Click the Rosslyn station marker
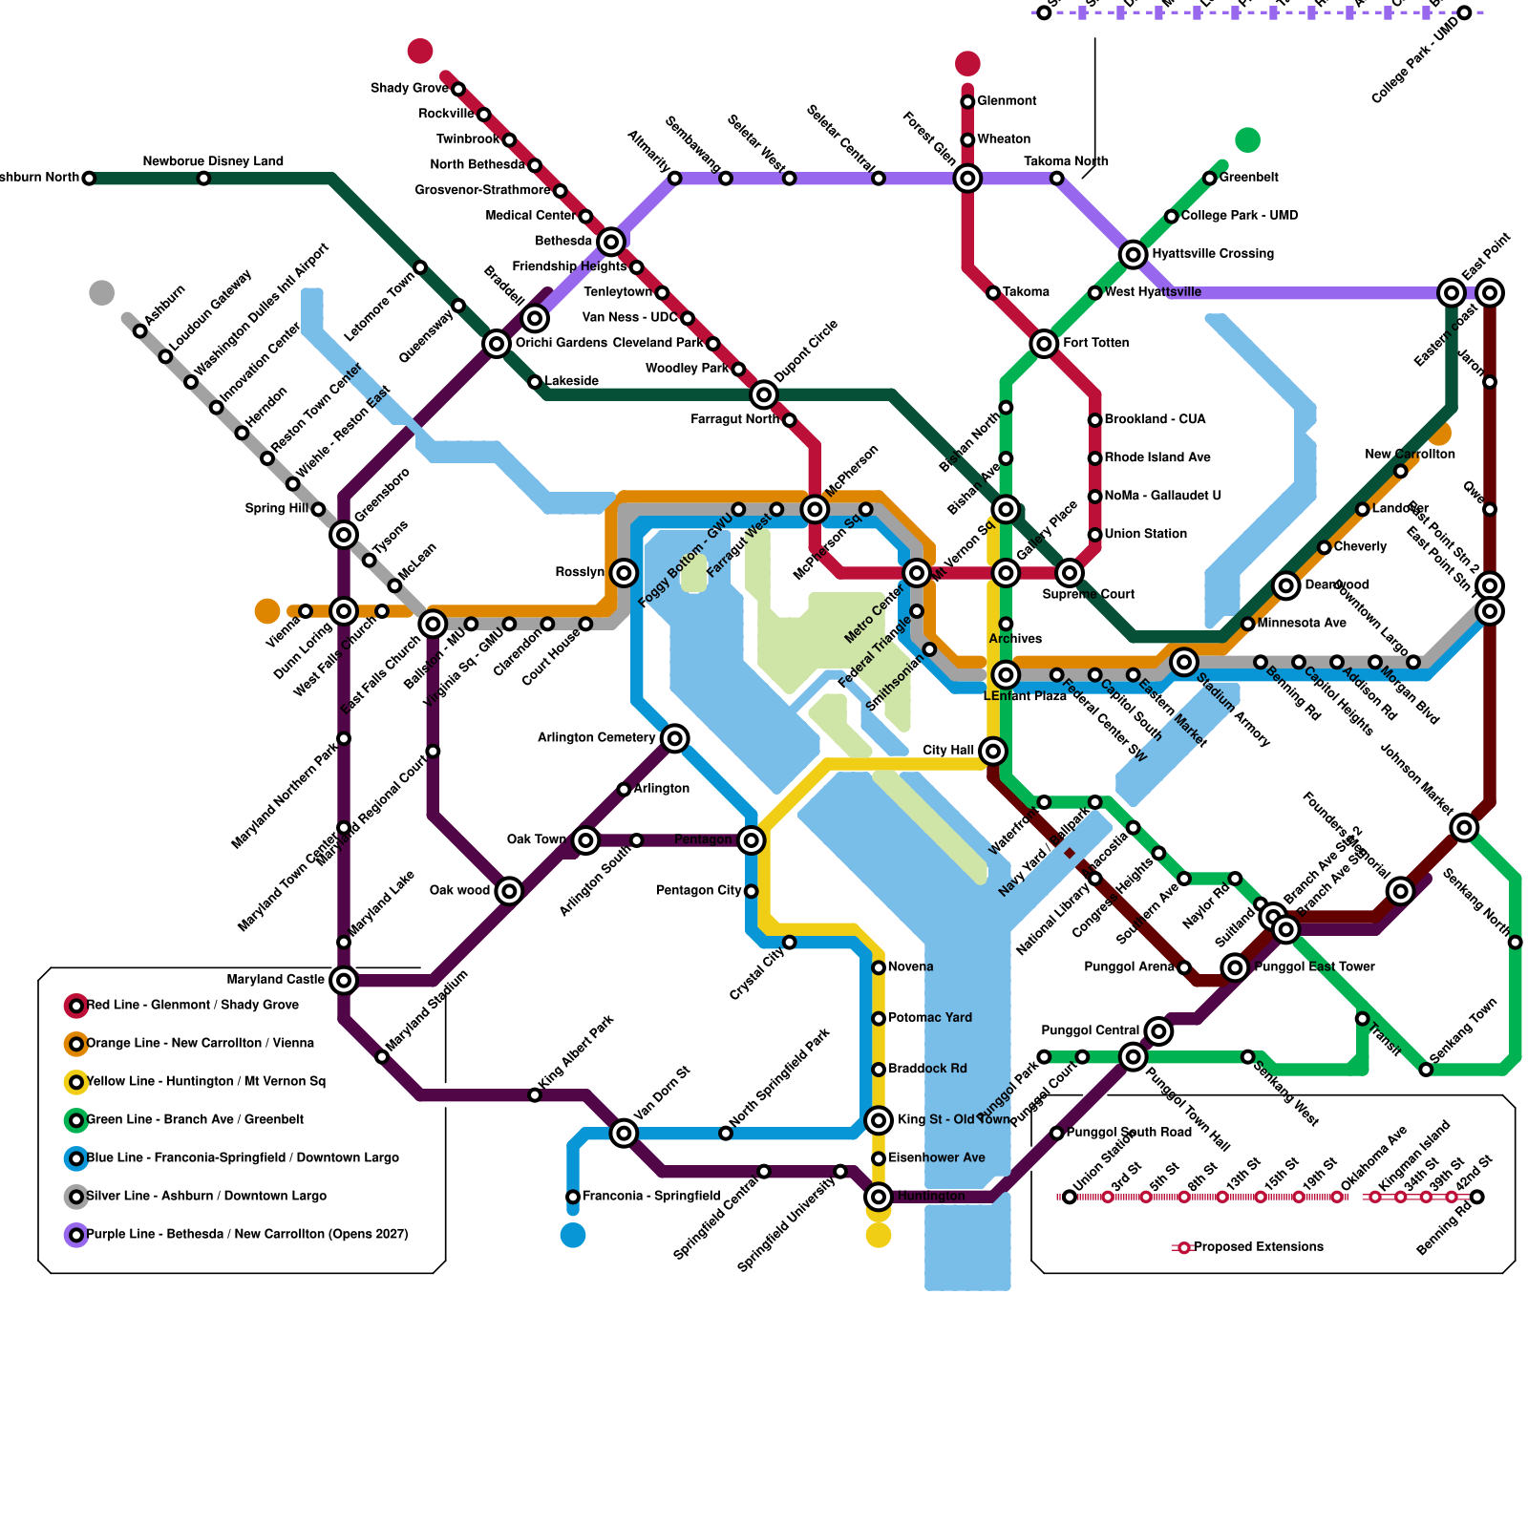(x=624, y=573)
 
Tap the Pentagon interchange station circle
(x=752, y=840)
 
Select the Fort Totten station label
(x=1095, y=343)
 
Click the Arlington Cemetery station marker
(x=675, y=738)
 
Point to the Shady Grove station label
(x=409, y=89)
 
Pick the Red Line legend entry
(x=192, y=1006)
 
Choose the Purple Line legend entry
(x=246, y=1235)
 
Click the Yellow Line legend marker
(x=76, y=1082)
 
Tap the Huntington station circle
(x=879, y=1197)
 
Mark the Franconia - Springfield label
(x=650, y=1197)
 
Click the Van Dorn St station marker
(x=624, y=1134)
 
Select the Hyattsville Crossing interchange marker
(x=1134, y=254)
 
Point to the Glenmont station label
(x=1007, y=101)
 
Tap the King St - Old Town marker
(x=879, y=1120)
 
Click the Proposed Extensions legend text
(x=1258, y=1247)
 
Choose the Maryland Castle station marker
(x=344, y=980)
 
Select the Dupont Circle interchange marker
(x=764, y=394)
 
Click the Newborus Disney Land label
(x=213, y=161)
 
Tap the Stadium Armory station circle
(x=1184, y=662)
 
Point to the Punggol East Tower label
(x=1314, y=967)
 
